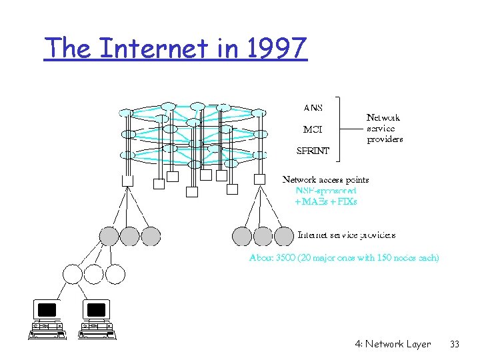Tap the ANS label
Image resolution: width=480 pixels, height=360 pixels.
313,108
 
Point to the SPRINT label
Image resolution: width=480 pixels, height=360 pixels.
313,151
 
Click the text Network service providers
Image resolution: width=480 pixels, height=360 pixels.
385,129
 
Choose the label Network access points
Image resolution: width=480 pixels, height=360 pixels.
326,179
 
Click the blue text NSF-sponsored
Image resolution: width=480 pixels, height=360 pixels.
327,190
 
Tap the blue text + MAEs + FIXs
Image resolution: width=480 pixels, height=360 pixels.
326,201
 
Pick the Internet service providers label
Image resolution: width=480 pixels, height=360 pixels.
347,235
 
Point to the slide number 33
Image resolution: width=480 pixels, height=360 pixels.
455,344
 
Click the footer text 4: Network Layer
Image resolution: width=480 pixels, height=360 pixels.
393,344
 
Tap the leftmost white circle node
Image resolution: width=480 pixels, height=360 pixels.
72,273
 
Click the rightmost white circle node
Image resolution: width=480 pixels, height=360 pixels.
115,273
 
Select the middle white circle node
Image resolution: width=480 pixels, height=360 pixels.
93,273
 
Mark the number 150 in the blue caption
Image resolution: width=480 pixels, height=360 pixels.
387,257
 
